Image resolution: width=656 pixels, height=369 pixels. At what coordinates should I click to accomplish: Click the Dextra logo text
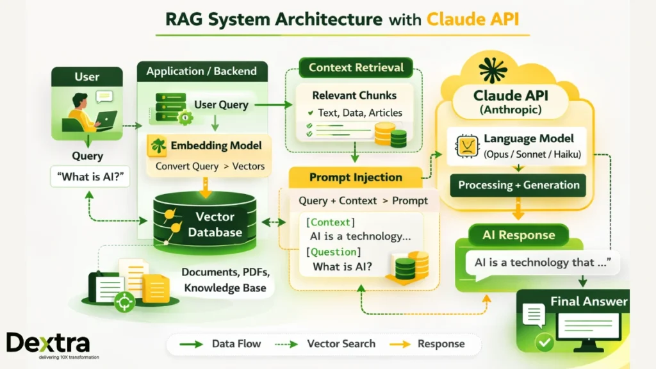48,343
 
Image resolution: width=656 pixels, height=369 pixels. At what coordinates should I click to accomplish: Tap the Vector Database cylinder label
215,225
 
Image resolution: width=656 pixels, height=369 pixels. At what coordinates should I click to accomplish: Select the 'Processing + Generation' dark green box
518,185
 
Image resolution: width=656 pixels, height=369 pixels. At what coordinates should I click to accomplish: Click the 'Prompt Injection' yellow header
356,177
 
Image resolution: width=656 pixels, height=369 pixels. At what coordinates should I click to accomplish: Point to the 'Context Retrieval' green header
356,67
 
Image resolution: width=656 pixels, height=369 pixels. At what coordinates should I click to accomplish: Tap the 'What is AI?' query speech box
90,177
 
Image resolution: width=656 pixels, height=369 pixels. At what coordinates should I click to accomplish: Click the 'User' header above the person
87,77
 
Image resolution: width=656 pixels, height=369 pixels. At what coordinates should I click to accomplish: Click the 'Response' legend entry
441,344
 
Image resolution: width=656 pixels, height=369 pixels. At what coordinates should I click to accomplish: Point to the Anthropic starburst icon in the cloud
493,70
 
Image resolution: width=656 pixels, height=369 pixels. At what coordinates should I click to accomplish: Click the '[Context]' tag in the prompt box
329,222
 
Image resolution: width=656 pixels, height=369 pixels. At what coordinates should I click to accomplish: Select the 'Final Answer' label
589,301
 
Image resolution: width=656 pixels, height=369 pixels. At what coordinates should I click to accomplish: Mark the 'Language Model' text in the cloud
529,138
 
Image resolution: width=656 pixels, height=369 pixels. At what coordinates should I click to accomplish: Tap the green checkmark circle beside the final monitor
545,343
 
